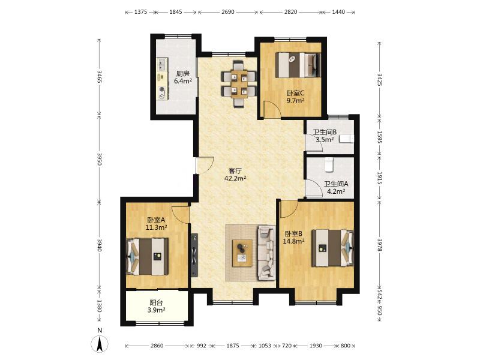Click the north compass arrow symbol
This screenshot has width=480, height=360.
(100, 344)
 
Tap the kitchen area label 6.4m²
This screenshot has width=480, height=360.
(183, 81)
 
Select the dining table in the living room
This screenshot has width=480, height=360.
(239, 84)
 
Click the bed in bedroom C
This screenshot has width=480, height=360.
(298, 65)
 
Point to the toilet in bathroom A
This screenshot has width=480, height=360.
(329, 164)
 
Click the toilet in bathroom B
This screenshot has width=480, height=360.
(347, 139)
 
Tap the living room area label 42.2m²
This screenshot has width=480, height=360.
(235, 178)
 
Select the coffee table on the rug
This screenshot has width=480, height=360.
(242, 253)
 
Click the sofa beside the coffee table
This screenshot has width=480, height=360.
(266, 253)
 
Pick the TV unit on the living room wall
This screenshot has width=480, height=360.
(194, 256)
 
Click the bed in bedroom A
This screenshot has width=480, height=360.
(148, 257)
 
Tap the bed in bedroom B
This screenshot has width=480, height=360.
(333, 248)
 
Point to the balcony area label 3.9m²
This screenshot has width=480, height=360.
(156, 310)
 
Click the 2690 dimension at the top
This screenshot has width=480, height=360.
(228, 12)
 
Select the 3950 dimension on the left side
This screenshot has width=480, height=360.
(99, 160)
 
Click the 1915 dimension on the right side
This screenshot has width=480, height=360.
(380, 178)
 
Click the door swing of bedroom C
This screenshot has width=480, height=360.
(272, 109)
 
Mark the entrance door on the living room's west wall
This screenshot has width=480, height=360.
(205, 165)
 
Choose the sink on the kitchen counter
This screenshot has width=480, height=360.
(161, 65)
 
